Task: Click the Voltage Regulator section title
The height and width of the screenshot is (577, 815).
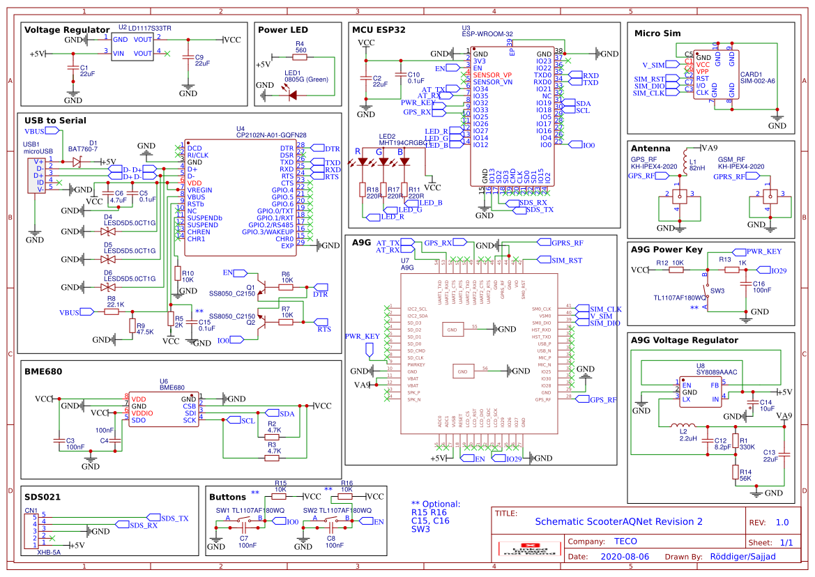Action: pos(67,30)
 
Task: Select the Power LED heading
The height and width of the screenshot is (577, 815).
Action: pos(282,30)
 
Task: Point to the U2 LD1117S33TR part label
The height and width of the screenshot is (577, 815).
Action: pos(145,28)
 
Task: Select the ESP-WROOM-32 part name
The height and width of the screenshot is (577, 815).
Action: pos(487,33)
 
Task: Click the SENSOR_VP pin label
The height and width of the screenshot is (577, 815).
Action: pos(492,75)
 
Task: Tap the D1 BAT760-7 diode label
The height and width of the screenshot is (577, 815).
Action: pos(82,146)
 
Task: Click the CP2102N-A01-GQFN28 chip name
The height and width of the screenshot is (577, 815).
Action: pos(271,135)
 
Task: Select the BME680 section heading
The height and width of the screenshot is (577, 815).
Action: pos(43,371)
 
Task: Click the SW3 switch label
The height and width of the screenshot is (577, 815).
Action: pos(717,290)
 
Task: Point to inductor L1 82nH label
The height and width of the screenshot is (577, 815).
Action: pos(696,164)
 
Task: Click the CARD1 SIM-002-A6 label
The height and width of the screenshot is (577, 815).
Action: pos(757,77)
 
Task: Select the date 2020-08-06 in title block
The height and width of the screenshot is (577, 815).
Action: pos(625,557)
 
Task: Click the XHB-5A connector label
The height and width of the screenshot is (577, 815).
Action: pos(48,552)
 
